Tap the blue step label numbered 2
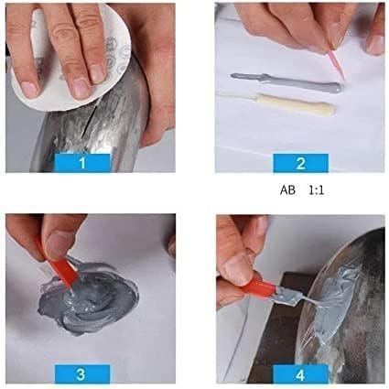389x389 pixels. click(299, 164)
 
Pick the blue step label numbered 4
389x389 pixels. click(299, 373)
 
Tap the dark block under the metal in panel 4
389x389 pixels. click(275, 339)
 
